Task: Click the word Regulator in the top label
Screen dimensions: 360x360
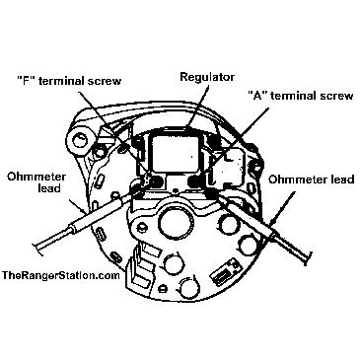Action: click(207, 78)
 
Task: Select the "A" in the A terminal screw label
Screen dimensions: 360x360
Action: click(256, 96)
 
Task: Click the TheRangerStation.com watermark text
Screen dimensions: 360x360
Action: click(61, 275)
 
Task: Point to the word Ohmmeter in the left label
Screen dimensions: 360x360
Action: click(36, 177)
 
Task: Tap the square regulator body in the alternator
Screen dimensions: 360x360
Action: click(176, 152)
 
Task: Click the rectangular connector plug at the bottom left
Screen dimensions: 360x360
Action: click(141, 264)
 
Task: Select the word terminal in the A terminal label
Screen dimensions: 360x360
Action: click(293, 96)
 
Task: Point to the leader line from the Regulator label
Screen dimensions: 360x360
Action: click(198, 106)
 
